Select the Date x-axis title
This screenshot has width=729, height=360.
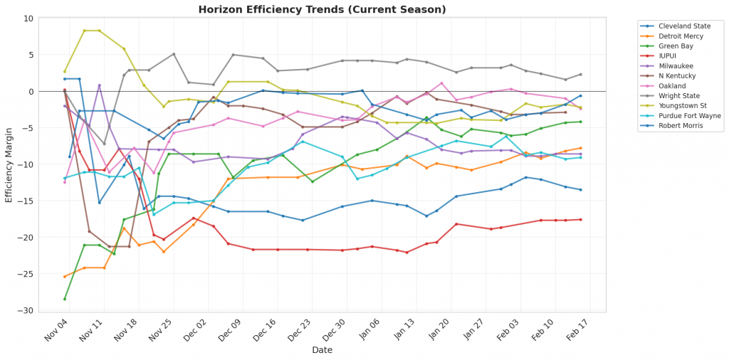322,350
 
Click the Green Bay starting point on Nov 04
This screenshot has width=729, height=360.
65,299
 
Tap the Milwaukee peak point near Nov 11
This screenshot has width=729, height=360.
100,85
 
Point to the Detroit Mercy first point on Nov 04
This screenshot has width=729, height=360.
65,277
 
